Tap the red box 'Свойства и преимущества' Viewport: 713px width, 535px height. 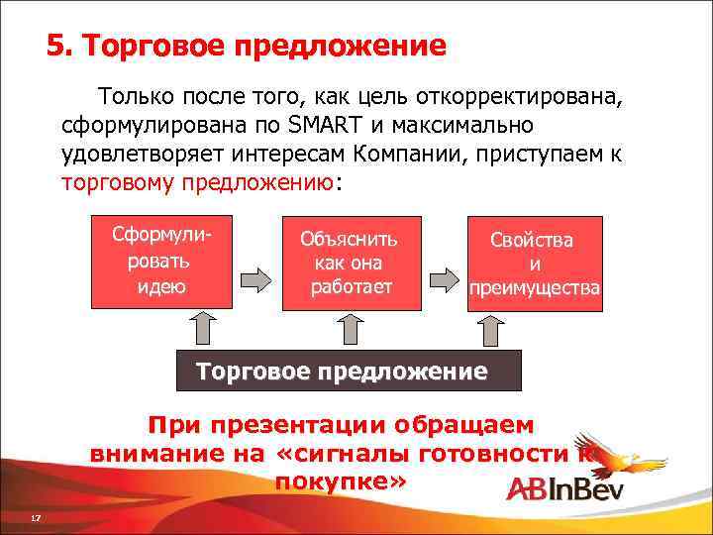535,264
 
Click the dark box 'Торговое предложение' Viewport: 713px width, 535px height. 348,372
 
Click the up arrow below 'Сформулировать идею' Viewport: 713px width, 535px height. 201,328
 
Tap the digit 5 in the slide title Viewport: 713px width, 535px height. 55,47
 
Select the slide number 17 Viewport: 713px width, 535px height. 35,519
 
